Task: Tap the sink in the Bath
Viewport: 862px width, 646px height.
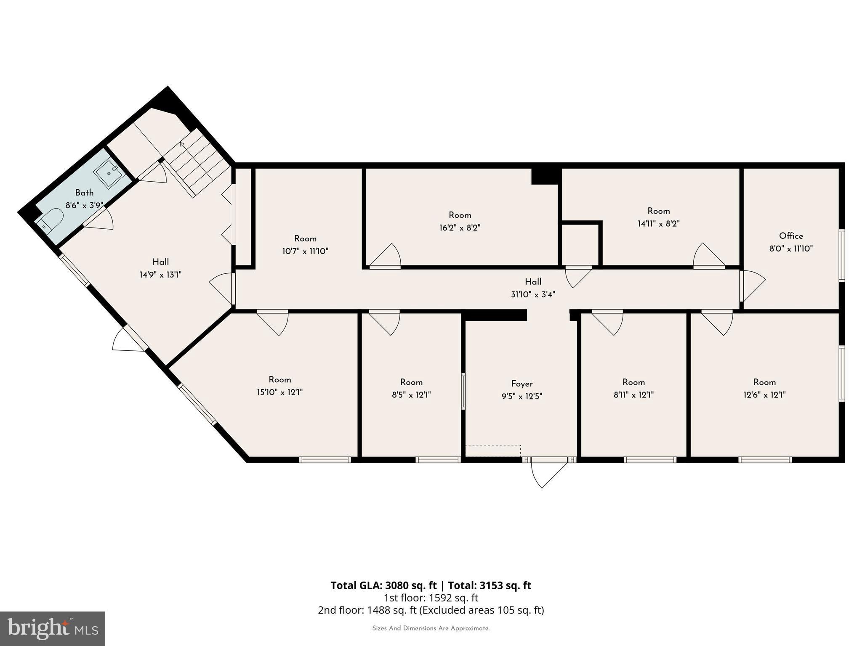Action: pyautogui.click(x=109, y=173)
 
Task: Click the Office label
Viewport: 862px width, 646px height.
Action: pyautogui.click(x=791, y=236)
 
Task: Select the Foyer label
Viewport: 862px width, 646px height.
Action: pyautogui.click(x=522, y=384)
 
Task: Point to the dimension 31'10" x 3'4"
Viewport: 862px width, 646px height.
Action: pyautogui.click(x=533, y=294)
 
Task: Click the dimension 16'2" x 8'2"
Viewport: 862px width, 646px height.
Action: pyautogui.click(x=460, y=228)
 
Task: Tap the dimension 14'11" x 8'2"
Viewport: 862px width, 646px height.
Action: pyautogui.click(x=658, y=224)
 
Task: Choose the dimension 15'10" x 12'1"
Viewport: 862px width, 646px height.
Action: pyautogui.click(x=279, y=392)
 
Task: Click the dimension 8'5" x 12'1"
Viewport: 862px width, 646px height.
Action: pyautogui.click(x=411, y=395)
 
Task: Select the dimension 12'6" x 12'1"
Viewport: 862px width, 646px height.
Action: pyautogui.click(x=764, y=395)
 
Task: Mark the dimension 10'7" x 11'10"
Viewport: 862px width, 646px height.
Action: pyautogui.click(x=305, y=252)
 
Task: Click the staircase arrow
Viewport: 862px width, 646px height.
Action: pyautogui.click(x=182, y=145)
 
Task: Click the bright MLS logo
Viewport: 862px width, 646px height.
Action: pyautogui.click(x=53, y=628)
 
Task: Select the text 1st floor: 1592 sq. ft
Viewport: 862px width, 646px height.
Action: pyautogui.click(x=431, y=598)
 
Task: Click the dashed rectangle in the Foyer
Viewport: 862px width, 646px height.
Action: pyautogui.click(x=493, y=450)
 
